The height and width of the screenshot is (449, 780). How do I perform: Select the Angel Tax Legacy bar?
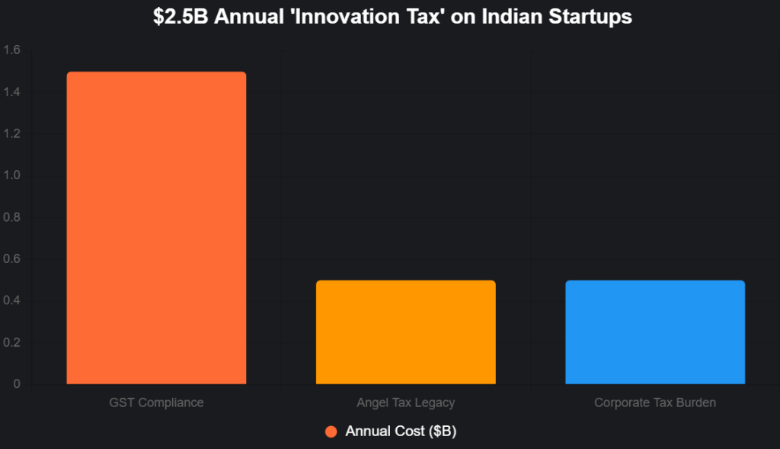click(x=405, y=332)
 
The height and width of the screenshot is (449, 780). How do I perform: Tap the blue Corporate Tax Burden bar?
click(x=655, y=332)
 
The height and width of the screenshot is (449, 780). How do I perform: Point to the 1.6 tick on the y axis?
click(x=12, y=50)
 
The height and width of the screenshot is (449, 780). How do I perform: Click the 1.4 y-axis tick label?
click(x=12, y=92)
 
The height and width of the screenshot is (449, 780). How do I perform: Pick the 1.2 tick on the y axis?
click(x=12, y=134)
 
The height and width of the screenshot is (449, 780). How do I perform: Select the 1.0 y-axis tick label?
click(x=12, y=176)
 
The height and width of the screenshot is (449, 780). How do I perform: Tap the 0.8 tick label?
click(x=12, y=217)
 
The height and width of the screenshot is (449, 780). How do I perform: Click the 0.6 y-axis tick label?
click(x=12, y=259)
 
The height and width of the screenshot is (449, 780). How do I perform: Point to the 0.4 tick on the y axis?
click(x=12, y=301)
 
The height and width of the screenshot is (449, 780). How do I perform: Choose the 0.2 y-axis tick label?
click(x=12, y=343)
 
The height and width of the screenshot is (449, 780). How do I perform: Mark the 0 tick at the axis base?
click(x=18, y=384)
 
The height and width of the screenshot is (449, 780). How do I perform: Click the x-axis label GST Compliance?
click(x=156, y=402)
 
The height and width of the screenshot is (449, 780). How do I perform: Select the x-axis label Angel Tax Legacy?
click(x=405, y=402)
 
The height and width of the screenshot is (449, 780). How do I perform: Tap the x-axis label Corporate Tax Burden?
click(x=655, y=402)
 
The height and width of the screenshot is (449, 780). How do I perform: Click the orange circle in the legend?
click(x=331, y=431)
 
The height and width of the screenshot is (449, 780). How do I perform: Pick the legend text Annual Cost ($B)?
click(x=401, y=431)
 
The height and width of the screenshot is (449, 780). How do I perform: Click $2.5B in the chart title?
click(x=179, y=17)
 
